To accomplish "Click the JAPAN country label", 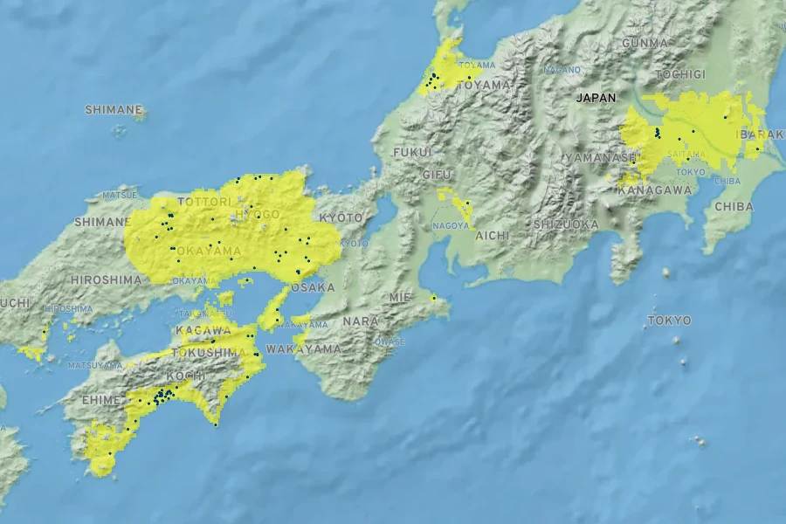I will (x=596, y=98).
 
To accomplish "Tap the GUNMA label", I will (x=645, y=43).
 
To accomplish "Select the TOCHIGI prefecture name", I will (x=679, y=75).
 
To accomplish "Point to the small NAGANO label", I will (x=562, y=69).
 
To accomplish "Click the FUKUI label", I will (x=412, y=152).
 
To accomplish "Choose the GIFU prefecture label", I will (x=437, y=175).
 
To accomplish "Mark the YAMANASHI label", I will (x=601, y=157).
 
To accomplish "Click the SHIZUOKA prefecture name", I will (x=566, y=224).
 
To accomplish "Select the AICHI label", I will (x=491, y=236).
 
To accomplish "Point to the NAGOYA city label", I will (x=451, y=226).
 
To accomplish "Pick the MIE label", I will (x=400, y=297).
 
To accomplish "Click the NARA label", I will (x=361, y=321).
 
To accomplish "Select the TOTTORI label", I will (x=204, y=202).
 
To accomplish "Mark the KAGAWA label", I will (x=203, y=330).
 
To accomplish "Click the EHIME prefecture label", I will (x=95, y=399).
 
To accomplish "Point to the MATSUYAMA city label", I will (x=94, y=365).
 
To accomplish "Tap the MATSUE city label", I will (x=120, y=195).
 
